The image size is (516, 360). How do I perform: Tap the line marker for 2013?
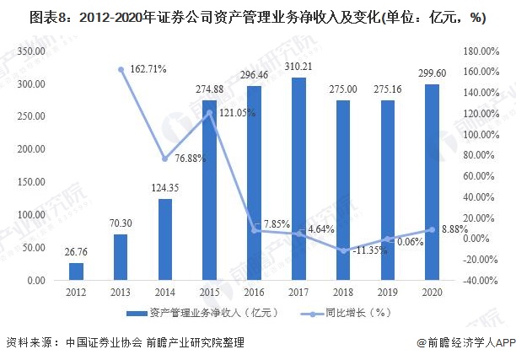(x=121, y=69)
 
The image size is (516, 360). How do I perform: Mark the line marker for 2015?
(x=210, y=112)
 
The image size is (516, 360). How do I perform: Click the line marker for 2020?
(x=431, y=229)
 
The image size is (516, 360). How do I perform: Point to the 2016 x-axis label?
(x=254, y=292)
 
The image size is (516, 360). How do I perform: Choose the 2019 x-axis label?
(x=387, y=292)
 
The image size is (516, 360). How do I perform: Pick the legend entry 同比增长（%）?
(x=354, y=314)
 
